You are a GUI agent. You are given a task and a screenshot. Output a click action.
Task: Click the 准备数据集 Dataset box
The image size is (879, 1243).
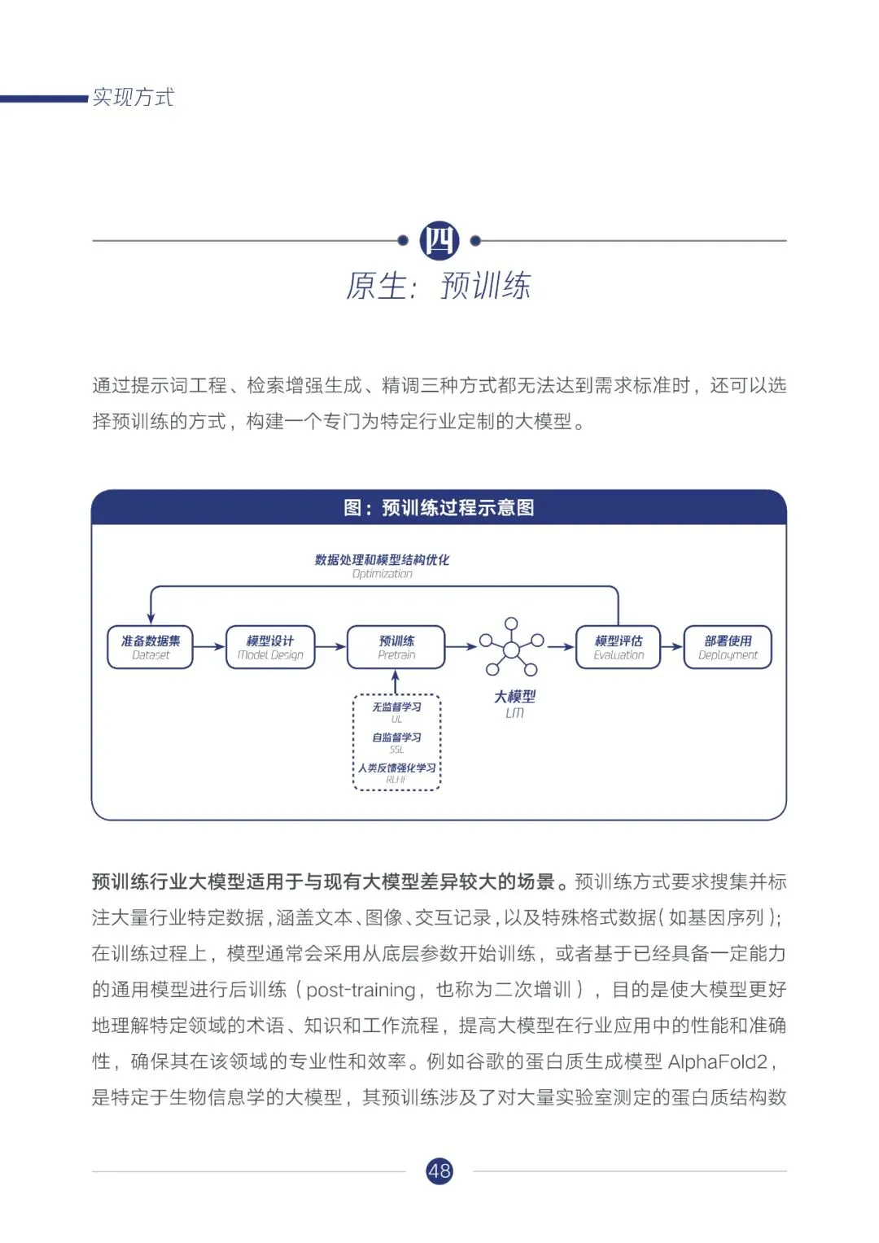151,647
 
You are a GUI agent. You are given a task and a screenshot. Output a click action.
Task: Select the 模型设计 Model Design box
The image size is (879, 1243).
270,647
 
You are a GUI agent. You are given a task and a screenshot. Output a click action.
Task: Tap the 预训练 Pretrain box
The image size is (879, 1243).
396,647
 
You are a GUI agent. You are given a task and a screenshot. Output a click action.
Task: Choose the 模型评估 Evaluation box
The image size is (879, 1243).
619,647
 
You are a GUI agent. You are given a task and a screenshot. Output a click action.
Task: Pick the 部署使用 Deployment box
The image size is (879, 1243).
728,647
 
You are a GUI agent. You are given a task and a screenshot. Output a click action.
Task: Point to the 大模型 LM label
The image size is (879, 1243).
514,703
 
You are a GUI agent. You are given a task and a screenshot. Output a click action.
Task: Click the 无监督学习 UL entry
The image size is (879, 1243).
396,711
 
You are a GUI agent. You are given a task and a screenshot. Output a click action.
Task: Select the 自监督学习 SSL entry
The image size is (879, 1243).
396,742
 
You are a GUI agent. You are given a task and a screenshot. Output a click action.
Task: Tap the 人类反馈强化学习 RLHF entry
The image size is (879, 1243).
396,772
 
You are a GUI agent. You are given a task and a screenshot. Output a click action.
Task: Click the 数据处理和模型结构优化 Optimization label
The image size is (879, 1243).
382,565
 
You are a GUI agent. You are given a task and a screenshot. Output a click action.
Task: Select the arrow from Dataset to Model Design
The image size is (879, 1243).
209,647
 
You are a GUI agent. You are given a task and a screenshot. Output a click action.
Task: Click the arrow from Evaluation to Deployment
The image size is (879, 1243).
671,647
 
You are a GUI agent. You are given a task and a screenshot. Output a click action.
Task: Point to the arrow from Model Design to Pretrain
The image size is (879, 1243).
330,647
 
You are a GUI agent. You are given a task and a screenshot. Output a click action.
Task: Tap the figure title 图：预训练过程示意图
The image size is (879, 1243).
439,508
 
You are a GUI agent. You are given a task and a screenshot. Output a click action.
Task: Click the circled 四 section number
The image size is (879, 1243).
439,241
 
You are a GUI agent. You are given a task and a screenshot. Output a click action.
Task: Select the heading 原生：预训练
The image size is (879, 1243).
439,286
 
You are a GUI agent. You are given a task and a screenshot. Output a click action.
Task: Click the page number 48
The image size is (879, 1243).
439,1171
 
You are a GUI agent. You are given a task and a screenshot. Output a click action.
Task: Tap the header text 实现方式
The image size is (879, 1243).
133,98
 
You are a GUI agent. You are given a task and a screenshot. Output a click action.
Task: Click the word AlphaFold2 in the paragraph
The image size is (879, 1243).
717,1061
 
